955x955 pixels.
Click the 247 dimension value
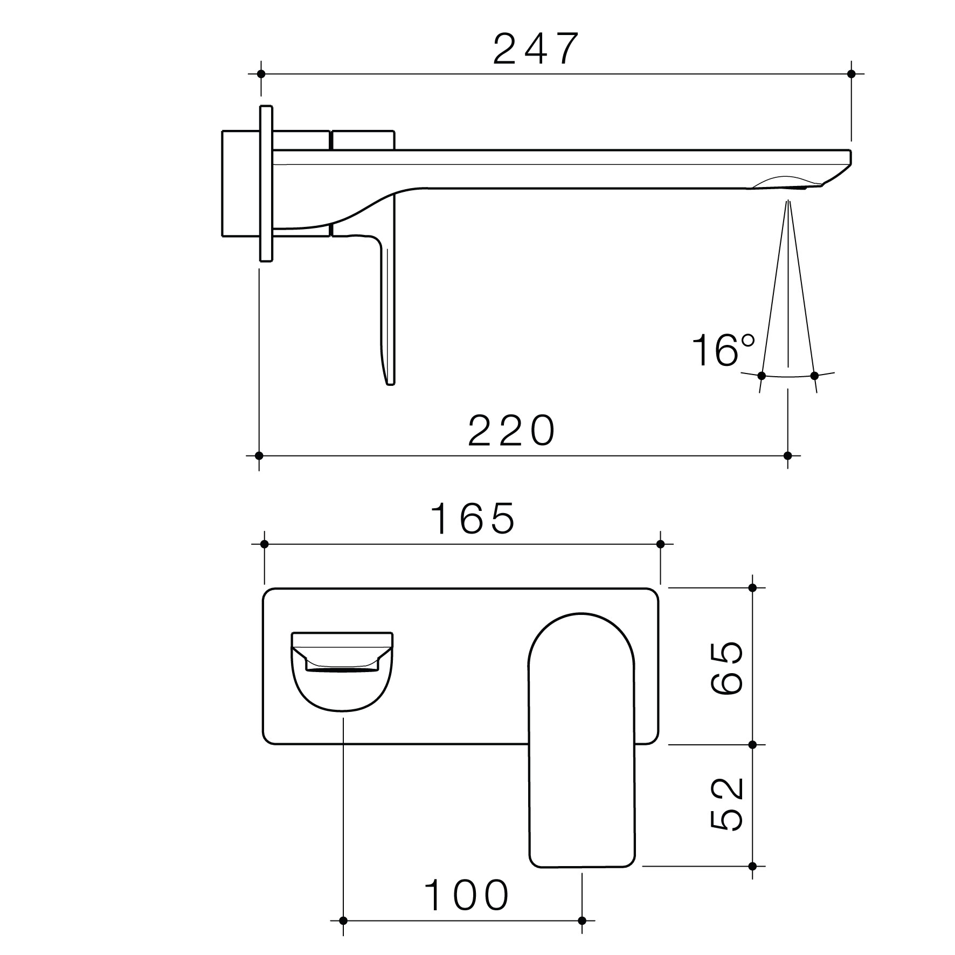(x=536, y=49)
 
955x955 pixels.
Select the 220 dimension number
(x=511, y=430)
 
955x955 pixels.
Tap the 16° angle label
(x=724, y=350)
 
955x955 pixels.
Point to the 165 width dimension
(x=473, y=518)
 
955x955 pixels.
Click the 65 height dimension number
(x=727, y=668)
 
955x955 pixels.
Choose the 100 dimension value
(x=467, y=895)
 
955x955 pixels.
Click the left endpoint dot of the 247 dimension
(x=261, y=73)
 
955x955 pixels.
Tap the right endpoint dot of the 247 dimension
(x=852, y=73)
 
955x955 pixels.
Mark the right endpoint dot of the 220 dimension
(x=788, y=455)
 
